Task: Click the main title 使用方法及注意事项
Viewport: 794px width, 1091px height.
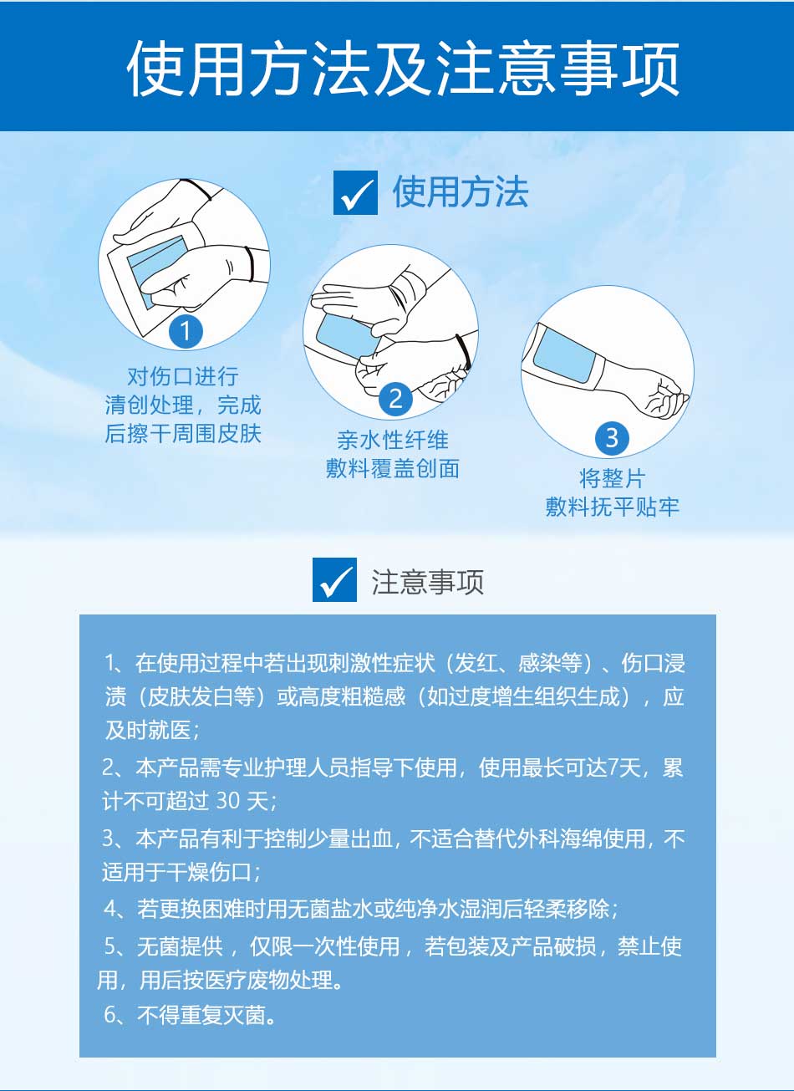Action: [x=403, y=68]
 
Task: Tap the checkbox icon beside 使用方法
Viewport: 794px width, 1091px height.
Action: [x=355, y=192]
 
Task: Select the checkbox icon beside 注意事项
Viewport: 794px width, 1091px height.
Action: [x=334, y=579]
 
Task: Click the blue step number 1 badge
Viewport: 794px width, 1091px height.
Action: [x=186, y=332]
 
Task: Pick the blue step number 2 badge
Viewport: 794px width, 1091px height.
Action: [x=396, y=399]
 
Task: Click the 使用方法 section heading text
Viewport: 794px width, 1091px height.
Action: [x=461, y=192]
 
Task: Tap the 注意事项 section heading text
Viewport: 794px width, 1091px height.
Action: [x=428, y=582]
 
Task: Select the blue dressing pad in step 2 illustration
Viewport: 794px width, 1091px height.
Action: [x=344, y=336]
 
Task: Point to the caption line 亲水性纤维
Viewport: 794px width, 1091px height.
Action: [x=392, y=440]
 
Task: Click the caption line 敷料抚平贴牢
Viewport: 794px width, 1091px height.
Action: [x=612, y=507]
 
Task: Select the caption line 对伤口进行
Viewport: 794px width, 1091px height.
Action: [x=183, y=376]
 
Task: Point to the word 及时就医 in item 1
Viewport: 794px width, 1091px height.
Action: [x=148, y=730]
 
